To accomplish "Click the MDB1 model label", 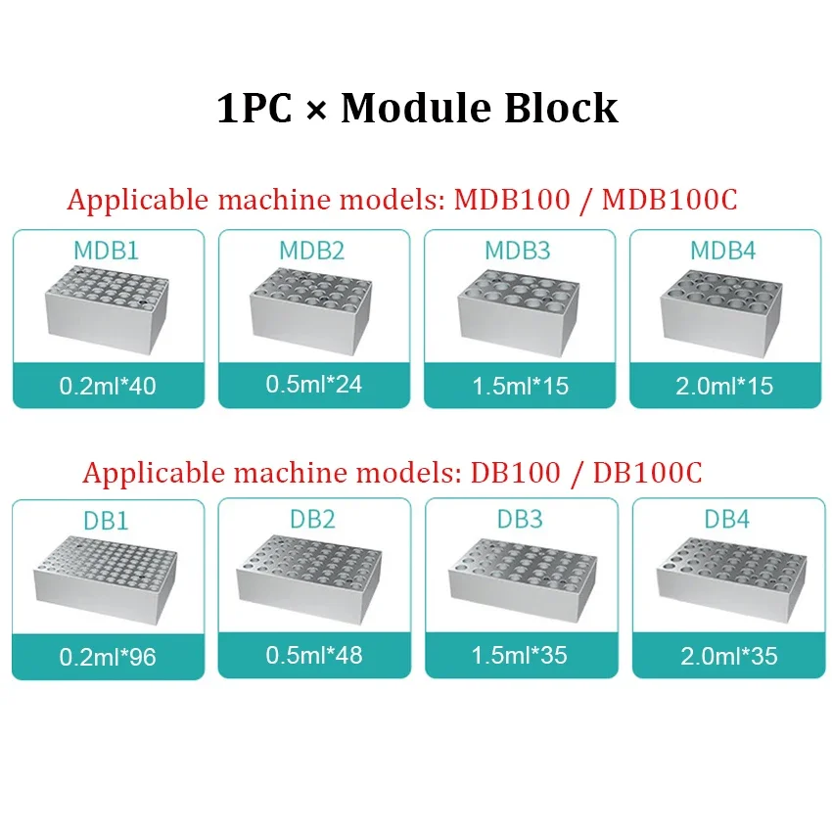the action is coord(106,250).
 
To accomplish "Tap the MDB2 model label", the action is coord(311,250).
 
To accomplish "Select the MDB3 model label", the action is coord(519,250).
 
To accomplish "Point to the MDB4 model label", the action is coord(723,250).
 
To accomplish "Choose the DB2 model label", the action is coord(312,519).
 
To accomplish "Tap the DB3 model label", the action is coord(520,519).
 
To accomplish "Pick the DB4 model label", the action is coord(726,519).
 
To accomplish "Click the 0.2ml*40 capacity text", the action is coord(108,386).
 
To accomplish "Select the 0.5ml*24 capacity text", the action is coord(313,384).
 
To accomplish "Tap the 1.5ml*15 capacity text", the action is coord(520,386).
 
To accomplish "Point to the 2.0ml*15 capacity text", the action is coord(725,386).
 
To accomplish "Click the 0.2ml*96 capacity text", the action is coord(108,657).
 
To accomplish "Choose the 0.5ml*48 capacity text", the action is coord(313,654).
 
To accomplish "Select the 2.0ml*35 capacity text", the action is coord(728,655).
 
